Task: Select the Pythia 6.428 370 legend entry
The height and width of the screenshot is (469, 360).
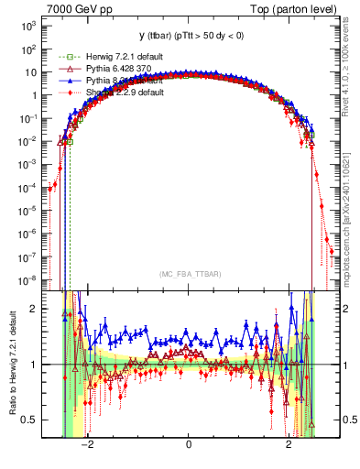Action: coord(100,69)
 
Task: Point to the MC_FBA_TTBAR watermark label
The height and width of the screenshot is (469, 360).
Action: coord(189,274)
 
